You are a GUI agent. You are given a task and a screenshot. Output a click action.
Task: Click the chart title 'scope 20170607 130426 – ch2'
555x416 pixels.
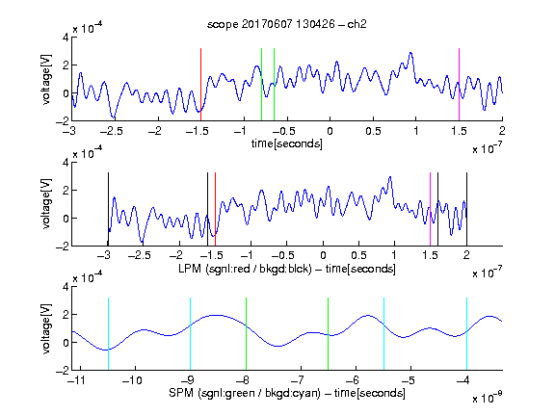287,24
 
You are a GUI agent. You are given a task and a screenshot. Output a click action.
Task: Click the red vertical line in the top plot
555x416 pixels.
200,85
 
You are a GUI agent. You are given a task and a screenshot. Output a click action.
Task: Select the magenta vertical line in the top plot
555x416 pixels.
459,85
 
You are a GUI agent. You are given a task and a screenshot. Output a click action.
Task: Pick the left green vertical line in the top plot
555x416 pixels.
261,85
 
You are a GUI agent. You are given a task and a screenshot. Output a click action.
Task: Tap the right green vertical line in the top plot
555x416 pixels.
274,85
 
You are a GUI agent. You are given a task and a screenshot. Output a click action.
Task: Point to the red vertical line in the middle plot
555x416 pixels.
215,209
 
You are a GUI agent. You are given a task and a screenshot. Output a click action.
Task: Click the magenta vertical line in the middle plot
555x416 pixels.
430,209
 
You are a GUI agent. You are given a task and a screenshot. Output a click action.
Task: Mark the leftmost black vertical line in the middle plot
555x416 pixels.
108,209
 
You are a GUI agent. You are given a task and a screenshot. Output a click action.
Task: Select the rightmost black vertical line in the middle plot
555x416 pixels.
466,209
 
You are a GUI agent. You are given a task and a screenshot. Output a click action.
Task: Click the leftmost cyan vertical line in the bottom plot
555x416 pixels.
108,334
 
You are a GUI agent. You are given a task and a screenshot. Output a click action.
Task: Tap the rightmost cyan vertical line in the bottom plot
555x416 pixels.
466,334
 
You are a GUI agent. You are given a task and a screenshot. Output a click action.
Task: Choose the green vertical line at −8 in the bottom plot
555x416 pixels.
246,334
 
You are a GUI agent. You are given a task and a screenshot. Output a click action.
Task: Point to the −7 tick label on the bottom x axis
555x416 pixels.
298,380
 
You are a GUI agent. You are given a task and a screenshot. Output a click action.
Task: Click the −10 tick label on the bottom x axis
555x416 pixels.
132,380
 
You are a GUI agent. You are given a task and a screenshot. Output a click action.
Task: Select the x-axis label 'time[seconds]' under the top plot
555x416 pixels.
287,143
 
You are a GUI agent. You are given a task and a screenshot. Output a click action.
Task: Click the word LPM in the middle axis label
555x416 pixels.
190,269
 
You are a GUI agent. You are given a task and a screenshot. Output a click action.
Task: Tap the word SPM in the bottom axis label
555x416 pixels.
181,393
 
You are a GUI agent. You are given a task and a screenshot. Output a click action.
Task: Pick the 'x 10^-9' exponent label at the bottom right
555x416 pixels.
487,397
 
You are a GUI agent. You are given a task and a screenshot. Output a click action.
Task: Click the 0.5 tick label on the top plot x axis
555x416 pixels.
373,131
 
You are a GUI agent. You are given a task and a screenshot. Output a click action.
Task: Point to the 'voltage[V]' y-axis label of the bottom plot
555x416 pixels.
46,328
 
